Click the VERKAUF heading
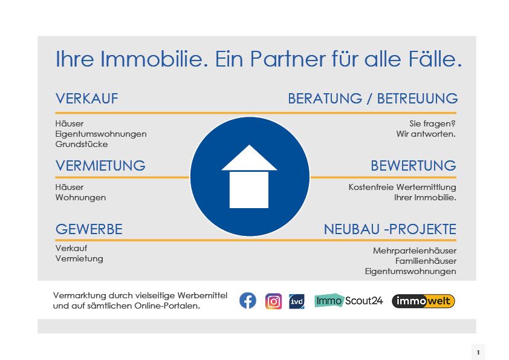click(86, 99)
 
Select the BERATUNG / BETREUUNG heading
click(372, 99)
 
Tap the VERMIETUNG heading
click(100, 166)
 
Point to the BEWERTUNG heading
click(413, 166)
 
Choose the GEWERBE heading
click(89, 229)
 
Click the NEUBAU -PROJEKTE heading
click(390, 229)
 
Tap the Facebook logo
click(248, 301)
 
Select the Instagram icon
click(274, 301)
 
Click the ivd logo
click(297, 301)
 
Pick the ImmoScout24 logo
click(349, 301)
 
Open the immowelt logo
click(423, 301)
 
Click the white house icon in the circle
click(249, 177)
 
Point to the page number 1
click(478, 353)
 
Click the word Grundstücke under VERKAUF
click(82, 144)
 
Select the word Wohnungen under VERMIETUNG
click(80, 197)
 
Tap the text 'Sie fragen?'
click(432, 124)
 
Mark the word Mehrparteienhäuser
click(415, 251)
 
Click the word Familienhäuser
click(426, 261)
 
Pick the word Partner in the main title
click(288, 59)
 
